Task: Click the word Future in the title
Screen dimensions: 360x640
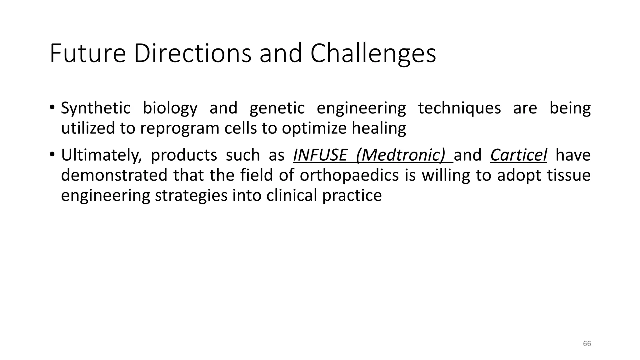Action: (x=87, y=54)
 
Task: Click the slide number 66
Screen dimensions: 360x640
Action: (x=587, y=344)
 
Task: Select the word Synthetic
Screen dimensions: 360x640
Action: (x=96, y=108)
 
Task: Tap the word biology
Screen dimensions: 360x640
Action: (x=170, y=108)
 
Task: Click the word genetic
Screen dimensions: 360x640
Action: (x=277, y=108)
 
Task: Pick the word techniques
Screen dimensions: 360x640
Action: (x=459, y=108)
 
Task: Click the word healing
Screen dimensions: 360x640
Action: (x=379, y=128)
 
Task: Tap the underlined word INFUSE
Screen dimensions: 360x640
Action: (x=320, y=155)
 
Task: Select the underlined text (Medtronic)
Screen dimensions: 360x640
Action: (x=401, y=155)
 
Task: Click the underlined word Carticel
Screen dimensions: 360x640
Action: (x=518, y=155)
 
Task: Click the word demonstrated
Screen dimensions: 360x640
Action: (x=114, y=175)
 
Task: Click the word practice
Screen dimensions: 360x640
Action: (x=352, y=196)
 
